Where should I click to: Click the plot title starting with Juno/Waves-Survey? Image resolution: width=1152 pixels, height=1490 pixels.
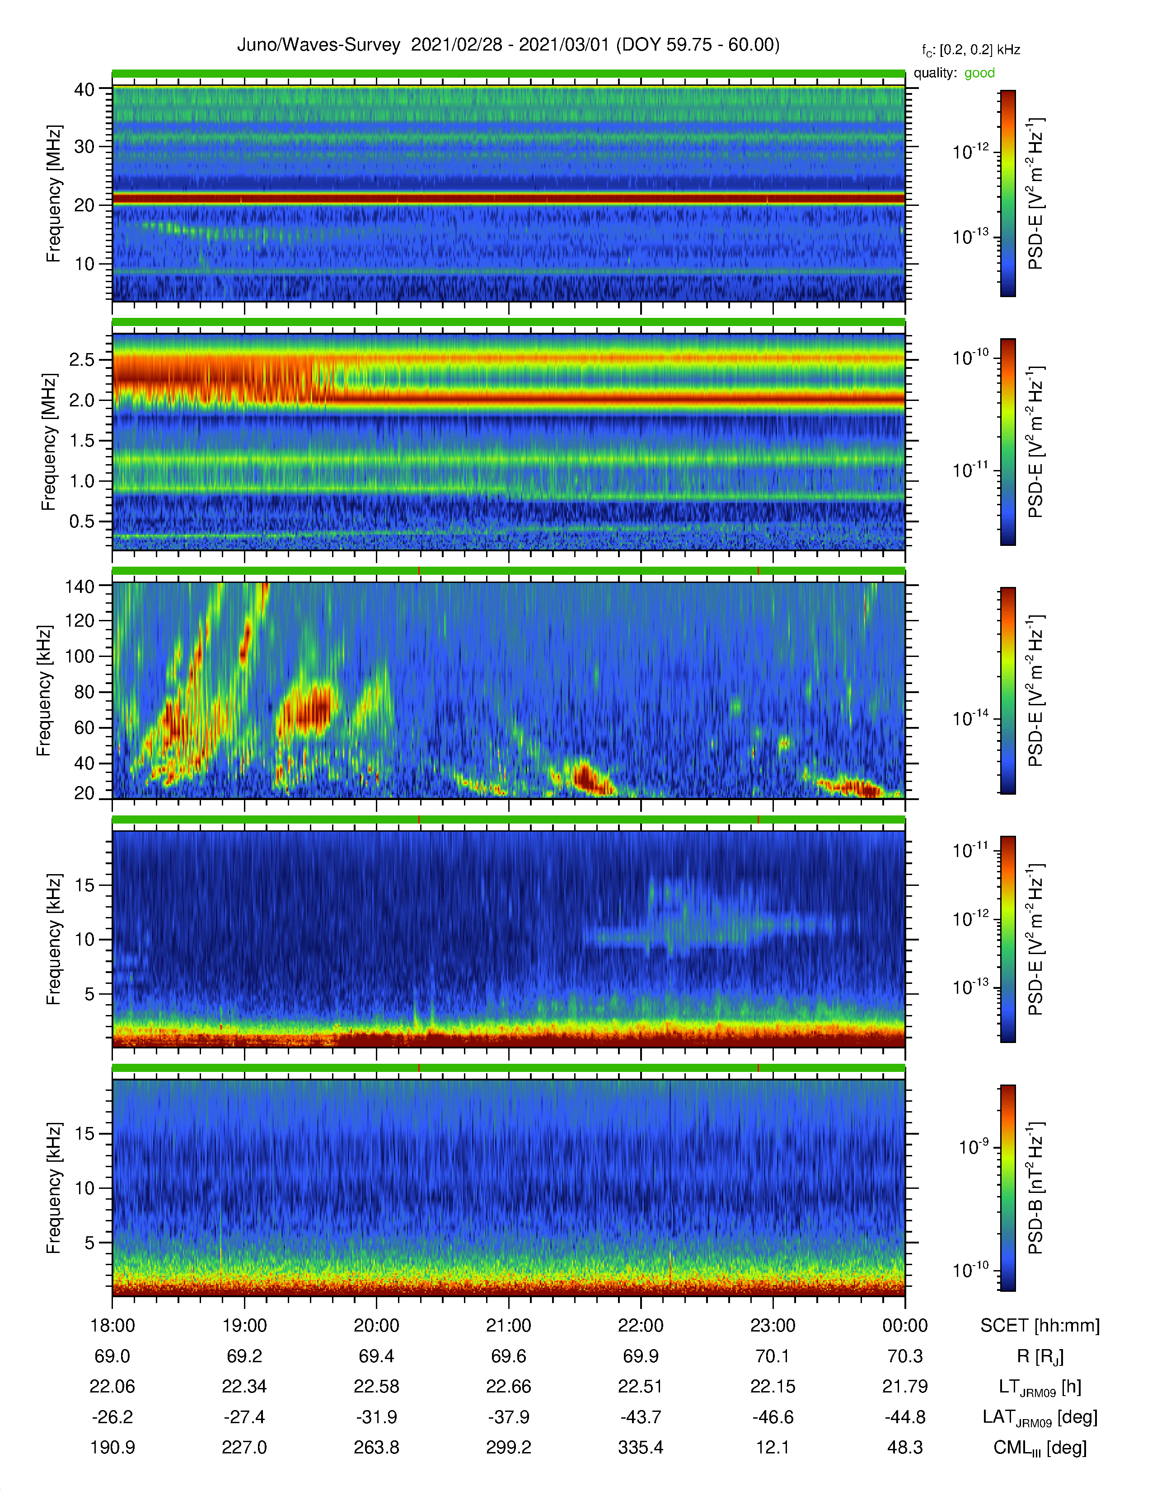pyautogui.click(x=508, y=45)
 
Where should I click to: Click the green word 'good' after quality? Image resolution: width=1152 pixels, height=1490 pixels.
pyautogui.click(x=979, y=73)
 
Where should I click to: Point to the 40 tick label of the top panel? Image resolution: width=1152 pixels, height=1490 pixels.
pyautogui.click(x=84, y=89)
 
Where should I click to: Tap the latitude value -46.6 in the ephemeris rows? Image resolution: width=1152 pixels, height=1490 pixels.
pyautogui.click(x=773, y=1417)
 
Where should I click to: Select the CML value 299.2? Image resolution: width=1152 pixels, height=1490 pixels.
pyautogui.click(x=508, y=1447)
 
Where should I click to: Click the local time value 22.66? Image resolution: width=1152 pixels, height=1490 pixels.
pyautogui.click(x=508, y=1386)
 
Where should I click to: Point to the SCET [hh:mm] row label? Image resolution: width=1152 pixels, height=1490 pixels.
pyautogui.click(x=1040, y=1326)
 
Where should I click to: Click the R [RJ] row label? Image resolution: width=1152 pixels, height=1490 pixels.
pyautogui.click(x=1040, y=1356)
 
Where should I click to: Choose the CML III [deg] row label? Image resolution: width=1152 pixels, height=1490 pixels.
pyautogui.click(x=1040, y=1448)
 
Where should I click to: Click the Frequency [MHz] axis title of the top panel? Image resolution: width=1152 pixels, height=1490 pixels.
pyautogui.click(x=53, y=194)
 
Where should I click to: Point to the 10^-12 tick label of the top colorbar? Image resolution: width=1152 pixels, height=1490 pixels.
pyautogui.click(x=970, y=151)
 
